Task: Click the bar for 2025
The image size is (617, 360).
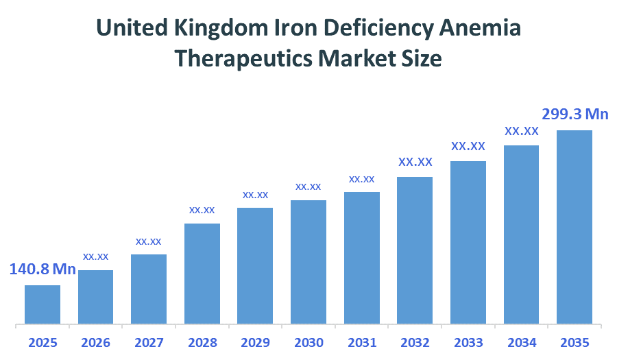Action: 43,304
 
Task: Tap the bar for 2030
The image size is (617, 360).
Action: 308,262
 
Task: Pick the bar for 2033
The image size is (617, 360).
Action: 468,242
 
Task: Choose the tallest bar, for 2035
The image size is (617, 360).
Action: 574,227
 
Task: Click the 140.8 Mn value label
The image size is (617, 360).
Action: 43,269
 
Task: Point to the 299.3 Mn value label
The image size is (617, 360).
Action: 574,114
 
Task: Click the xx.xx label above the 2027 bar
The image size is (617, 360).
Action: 149,241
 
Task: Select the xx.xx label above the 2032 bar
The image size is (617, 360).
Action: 415,163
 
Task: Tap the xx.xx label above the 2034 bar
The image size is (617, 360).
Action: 522,130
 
